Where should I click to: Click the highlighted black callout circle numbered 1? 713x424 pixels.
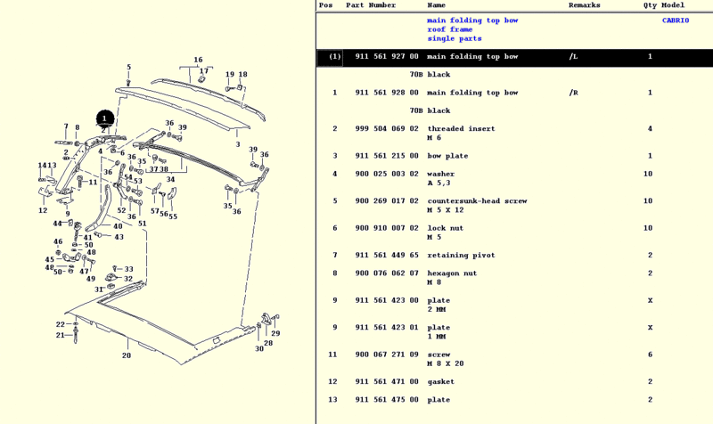[104, 118]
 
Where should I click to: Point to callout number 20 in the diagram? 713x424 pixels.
[127, 355]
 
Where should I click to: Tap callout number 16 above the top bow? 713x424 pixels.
[198, 61]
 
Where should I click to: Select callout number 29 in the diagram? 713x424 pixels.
[275, 333]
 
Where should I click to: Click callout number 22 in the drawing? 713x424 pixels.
[61, 324]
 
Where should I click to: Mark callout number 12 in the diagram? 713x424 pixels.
[43, 211]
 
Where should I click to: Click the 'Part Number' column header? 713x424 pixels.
[371, 5]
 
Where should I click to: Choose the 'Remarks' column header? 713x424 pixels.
[585, 5]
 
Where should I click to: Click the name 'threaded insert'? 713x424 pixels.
[461, 129]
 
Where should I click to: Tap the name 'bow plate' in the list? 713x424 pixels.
[447, 157]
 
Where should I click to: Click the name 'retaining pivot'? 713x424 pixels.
[461, 256]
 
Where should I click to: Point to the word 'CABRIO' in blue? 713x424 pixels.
[675, 20]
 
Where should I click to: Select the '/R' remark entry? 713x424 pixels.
[573, 93]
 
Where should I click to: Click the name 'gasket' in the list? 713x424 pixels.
[440, 382]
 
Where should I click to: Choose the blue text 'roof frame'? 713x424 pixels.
[450, 29]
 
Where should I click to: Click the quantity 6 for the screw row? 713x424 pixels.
[650, 355]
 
